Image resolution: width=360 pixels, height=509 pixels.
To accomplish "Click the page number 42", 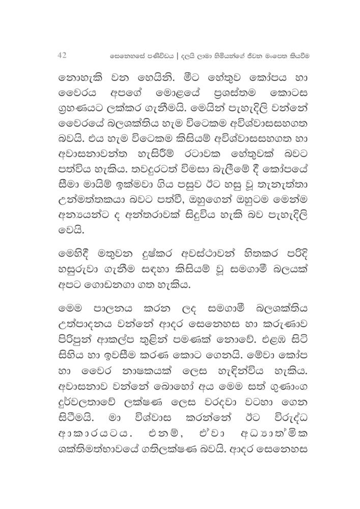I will pyautogui.click(x=63, y=54).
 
